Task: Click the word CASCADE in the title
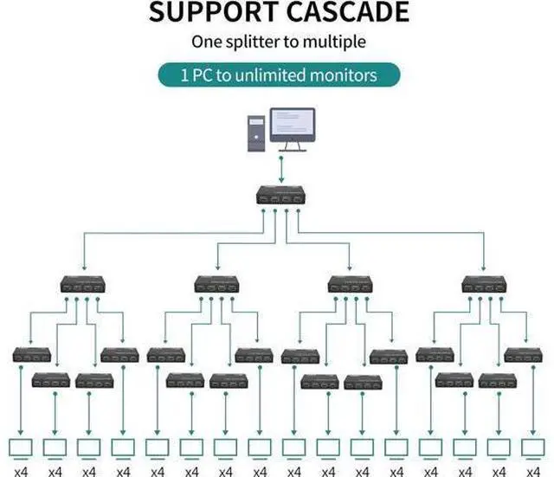click(x=348, y=11)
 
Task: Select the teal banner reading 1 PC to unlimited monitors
click(x=279, y=75)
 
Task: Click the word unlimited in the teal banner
click(x=270, y=75)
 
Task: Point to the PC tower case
click(x=256, y=133)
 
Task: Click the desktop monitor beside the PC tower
click(x=293, y=129)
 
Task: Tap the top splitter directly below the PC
click(x=280, y=195)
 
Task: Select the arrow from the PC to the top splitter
click(x=281, y=170)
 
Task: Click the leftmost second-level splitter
click(x=83, y=285)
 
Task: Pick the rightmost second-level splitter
click(x=484, y=285)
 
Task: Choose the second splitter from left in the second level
click(x=216, y=285)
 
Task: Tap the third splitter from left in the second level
click(x=350, y=285)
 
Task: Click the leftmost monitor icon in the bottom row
click(x=21, y=449)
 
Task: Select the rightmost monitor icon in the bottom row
click(x=533, y=449)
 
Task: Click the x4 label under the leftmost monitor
click(x=21, y=471)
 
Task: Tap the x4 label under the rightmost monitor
click(x=533, y=471)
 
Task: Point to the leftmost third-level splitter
click(x=32, y=355)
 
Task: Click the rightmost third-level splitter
click(x=523, y=355)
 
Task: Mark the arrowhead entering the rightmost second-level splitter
click(x=484, y=268)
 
